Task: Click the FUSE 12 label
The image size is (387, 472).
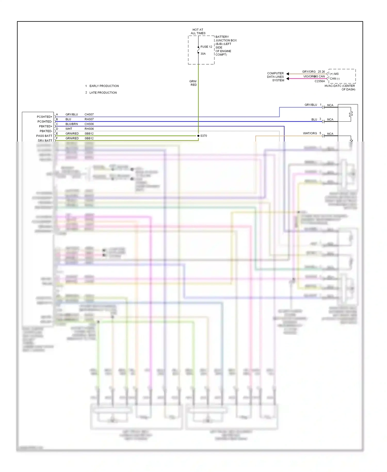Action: point(206,47)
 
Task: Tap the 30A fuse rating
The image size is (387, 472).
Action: point(203,54)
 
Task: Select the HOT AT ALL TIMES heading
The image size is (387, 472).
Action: point(198,32)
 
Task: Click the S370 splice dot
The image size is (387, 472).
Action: point(198,136)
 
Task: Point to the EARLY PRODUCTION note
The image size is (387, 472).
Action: point(104,86)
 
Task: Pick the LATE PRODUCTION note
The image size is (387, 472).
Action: point(103,93)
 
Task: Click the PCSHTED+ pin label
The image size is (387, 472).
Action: point(44,117)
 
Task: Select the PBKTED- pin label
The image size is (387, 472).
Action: point(46,131)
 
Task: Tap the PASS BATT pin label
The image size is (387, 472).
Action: point(44,136)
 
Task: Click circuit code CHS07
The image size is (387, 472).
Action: point(89,114)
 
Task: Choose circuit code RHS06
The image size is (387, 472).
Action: point(89,129)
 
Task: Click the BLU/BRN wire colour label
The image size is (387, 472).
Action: point(71,124)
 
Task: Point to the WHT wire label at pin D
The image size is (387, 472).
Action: point(69,129)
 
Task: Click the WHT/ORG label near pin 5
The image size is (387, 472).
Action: point(310,133)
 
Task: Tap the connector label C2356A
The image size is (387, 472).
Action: point(320,81)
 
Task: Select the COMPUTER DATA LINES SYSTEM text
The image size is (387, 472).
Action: point(275,77)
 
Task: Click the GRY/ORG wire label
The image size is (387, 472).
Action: point(309,72)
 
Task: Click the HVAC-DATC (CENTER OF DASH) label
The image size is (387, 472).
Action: point(340,88)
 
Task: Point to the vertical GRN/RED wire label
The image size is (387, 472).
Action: point(193,83)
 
